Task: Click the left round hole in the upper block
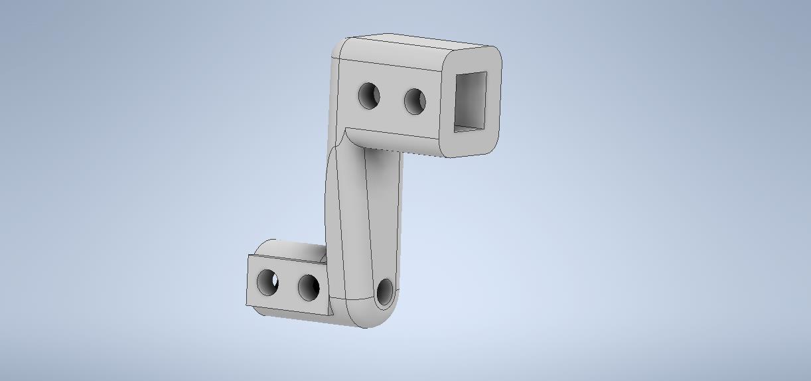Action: pyautogui.click(x=369, y=96)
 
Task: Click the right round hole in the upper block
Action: pyautogui.click(x=415, y=101)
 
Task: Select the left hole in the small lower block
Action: pyautogui.click(x=267, y=282)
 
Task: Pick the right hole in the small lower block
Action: pyautogui.click(x=309, y=287)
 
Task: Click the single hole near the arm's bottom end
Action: pyautogui.click(x=385, y=293)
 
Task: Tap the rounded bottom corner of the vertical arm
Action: pyautogui.click(x=372, y=317)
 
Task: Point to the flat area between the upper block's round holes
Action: pyautogui.click(x=392, y=99)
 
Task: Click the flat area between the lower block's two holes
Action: pyautogui.click(x=288, y=285)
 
